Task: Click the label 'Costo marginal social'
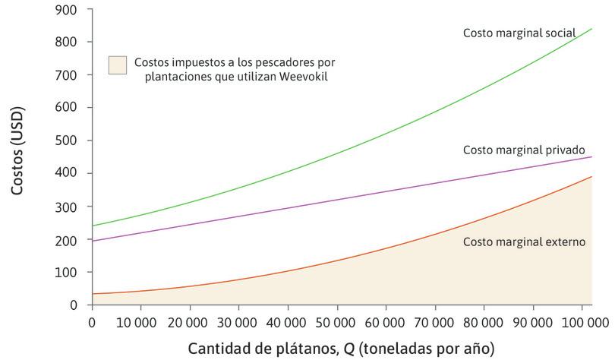[x=519, y=33]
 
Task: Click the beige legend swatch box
[x=118, y=65]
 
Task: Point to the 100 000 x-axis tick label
[x=579, y=322]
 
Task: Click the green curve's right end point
[x=591, y=28]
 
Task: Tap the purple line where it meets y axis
[x=92, y=241]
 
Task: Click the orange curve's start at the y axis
[x=92, y=293]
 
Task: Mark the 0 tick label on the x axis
[x=92, y=322]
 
